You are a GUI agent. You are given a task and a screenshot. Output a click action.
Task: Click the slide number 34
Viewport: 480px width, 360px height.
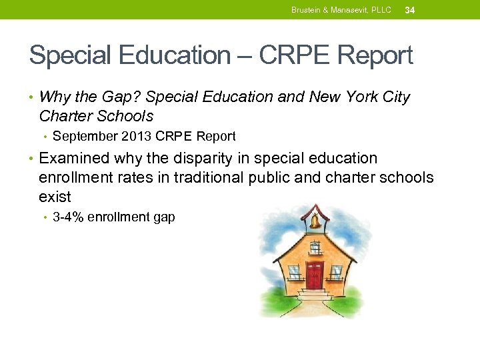[x=410, y=10]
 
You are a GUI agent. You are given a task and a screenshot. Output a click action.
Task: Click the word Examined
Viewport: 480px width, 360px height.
[x=74, y=159]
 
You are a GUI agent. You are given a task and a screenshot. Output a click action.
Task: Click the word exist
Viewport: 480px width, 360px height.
[x=55, y=197]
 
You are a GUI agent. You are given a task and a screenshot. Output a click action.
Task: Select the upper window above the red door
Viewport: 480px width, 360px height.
[x=315, y=248]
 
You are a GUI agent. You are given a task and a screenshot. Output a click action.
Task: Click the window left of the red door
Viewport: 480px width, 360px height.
[x=293, y=272]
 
